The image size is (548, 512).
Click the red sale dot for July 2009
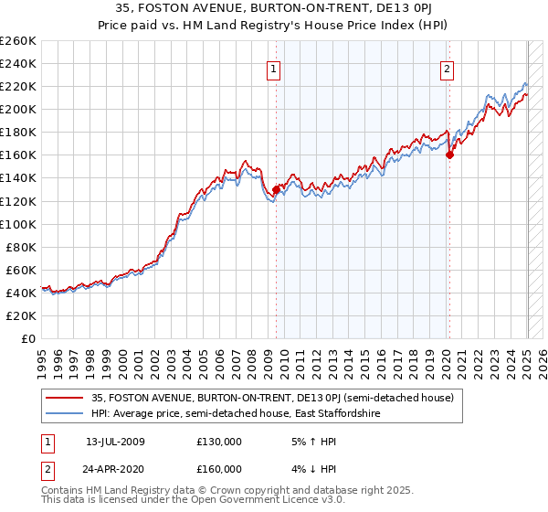point(276,189)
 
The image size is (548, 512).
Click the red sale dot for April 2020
point(449,155)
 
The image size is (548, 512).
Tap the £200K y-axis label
point(18,109)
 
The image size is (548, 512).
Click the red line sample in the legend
point(65,397)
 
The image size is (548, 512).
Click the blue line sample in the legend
point(65,414)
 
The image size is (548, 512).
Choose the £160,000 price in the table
point(219,468)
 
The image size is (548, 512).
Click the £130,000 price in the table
point(219,442)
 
